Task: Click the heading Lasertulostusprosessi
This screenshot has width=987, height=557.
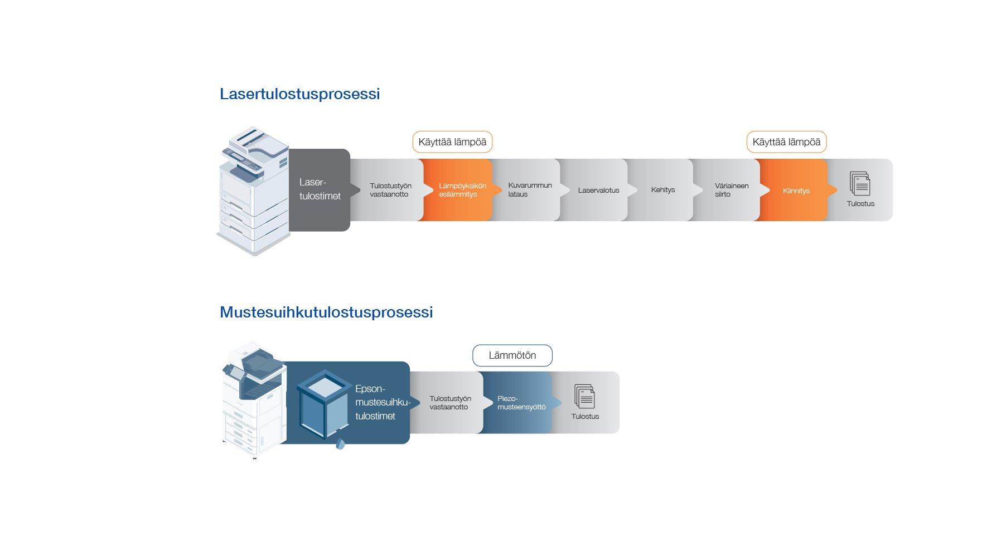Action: [299, 94]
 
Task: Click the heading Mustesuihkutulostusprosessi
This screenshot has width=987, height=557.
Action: [326, 312]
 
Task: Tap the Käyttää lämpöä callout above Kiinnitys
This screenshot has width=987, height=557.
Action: [786, 142]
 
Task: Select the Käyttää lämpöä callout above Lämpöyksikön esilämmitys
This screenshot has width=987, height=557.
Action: [452, 142]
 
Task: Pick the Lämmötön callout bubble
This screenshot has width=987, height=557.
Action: [512, 355]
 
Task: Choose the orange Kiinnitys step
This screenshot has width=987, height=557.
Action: [795, 190]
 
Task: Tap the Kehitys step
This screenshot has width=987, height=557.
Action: [662, 190]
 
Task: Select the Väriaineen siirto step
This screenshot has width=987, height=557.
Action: [729, 190]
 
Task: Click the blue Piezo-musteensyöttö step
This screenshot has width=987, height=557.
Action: [519, 403]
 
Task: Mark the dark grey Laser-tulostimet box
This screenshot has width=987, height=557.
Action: [320, 189]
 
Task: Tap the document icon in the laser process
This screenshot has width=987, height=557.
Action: [860, 183]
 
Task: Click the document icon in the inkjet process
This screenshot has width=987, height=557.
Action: [584, 396]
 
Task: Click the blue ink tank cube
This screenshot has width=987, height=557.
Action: [324, 404]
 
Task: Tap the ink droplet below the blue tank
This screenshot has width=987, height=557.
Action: [340, 443]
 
